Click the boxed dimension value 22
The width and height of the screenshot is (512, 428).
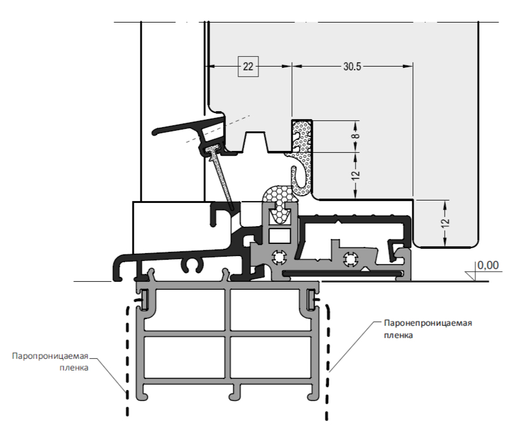tap(247, 67)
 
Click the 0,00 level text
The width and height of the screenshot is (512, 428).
tap(488, 265)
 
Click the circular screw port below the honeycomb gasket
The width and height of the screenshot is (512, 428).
tap(280, 257)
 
